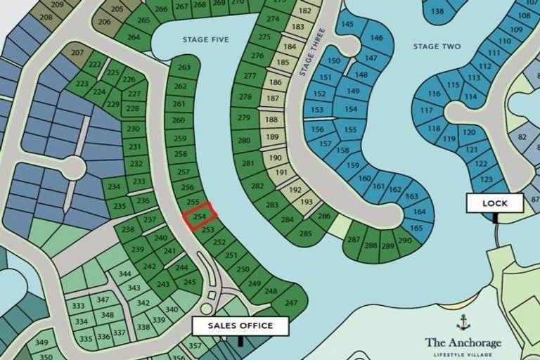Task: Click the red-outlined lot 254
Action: (x=200, y=217)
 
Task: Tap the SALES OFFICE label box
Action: (x=240, y=326)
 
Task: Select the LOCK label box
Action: (x=495, y=203)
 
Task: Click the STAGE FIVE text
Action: (x=205, y=40)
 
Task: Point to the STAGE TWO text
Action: (x=437, y=46)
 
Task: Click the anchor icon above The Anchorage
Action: (x=463, y=323)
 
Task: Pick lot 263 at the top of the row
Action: (x=184, y=67)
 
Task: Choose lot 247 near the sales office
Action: (x=291, y=303)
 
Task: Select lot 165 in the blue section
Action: (x=416, y=228)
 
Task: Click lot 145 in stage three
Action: (x=347, y=25)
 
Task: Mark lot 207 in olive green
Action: (x=77, y=53)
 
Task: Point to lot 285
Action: (x=305, y=233)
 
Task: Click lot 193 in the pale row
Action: (x=306, y=202)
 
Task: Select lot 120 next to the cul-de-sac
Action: (x=470, y=133)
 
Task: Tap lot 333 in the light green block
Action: (x=79, y=306)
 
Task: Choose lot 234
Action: (x=114, y=186)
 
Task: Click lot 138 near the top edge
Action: (x=437, y=11)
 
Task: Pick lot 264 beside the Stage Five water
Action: (x=132, y=37)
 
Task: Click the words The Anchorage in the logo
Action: (x=463, y=342)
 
